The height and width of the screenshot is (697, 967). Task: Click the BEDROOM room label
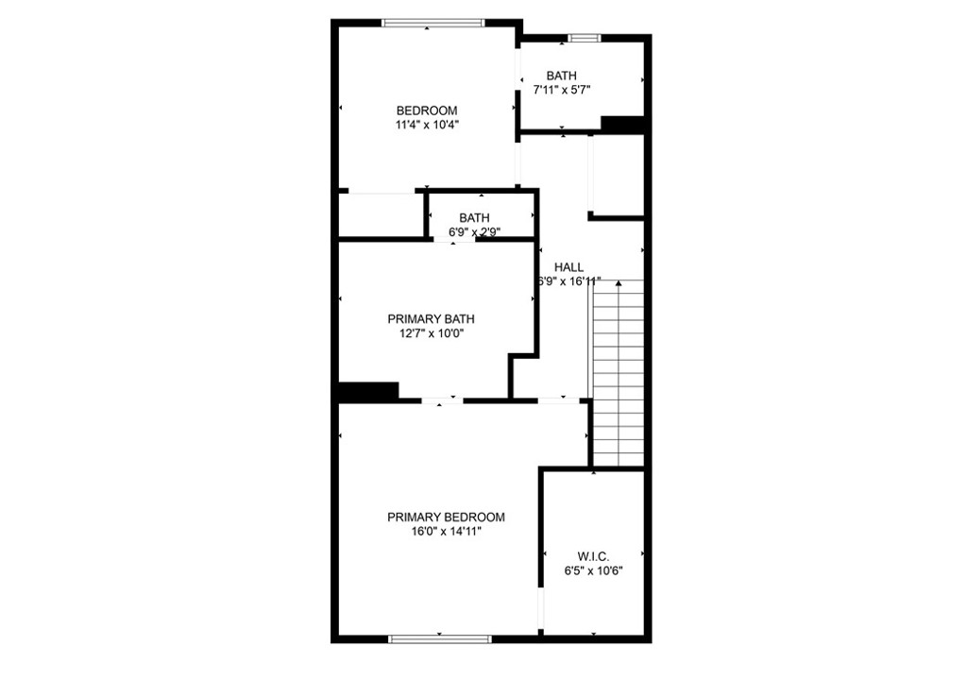(x=427, y=111)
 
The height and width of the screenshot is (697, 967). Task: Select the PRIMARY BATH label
(x=431, y=319)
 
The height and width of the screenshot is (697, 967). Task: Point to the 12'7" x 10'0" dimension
(x=432, y=333)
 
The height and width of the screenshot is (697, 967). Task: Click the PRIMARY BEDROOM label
(x=446, y=517)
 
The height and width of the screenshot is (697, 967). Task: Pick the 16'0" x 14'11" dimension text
(x=447, y=532)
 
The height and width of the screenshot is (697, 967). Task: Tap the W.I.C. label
(x=593, y=556)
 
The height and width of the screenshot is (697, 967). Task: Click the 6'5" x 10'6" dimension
(x=593, y=571)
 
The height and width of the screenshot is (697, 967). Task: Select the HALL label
(x=568, y=267)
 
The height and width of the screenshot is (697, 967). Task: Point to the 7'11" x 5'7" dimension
(x=562, y=90)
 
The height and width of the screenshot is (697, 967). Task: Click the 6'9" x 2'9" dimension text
(x=474, y=232)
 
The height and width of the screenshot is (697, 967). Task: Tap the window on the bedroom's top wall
(x=433, y=24)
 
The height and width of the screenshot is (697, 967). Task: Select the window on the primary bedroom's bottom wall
(x=440, y=639)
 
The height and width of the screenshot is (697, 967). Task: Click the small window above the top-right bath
(x=584, y=38)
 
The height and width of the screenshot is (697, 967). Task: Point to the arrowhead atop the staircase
(x=619, y=283)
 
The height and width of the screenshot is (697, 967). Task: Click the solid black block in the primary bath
(x=368, y=392)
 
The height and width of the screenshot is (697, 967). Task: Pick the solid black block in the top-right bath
(x=623, y=124)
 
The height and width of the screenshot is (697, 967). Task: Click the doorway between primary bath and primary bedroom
(x=442, y=401)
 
